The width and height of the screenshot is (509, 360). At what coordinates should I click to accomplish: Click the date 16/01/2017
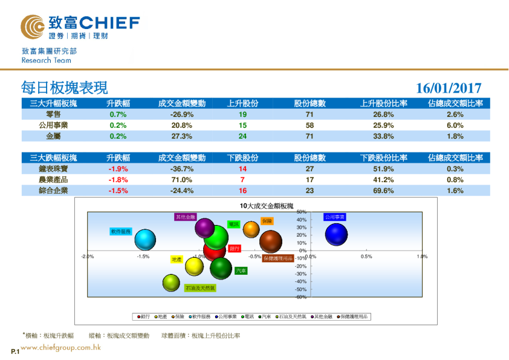coord(449,88)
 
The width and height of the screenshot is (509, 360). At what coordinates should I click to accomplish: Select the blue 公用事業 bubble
coord(336,234)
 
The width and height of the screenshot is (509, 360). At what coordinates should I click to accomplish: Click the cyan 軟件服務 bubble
coord(146,240)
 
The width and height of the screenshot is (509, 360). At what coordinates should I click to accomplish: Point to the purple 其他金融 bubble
coord(206,229)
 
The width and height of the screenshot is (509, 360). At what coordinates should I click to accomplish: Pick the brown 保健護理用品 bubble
coord(271,241)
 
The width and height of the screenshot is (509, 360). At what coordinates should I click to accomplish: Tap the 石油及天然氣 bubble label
coord(199,289)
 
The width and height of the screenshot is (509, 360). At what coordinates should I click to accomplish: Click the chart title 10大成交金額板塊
coord(267,206)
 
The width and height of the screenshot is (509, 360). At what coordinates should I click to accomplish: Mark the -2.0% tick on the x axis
coord(87,257)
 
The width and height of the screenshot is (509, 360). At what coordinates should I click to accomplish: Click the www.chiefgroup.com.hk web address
coord(60,348)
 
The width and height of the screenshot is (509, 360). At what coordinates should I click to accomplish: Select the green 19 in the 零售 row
coord(242,114)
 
